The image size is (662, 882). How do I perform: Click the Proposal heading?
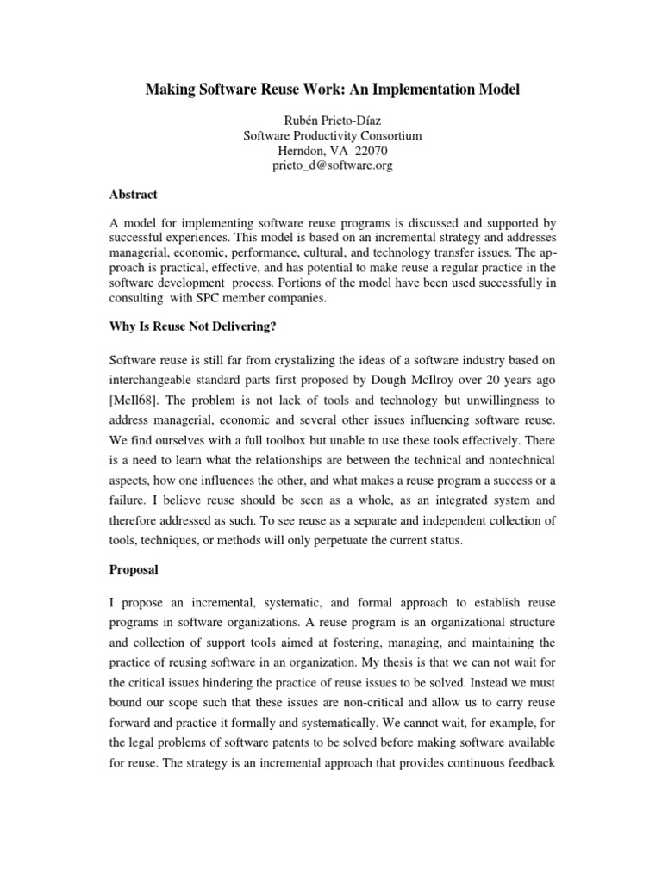[134, 569]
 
